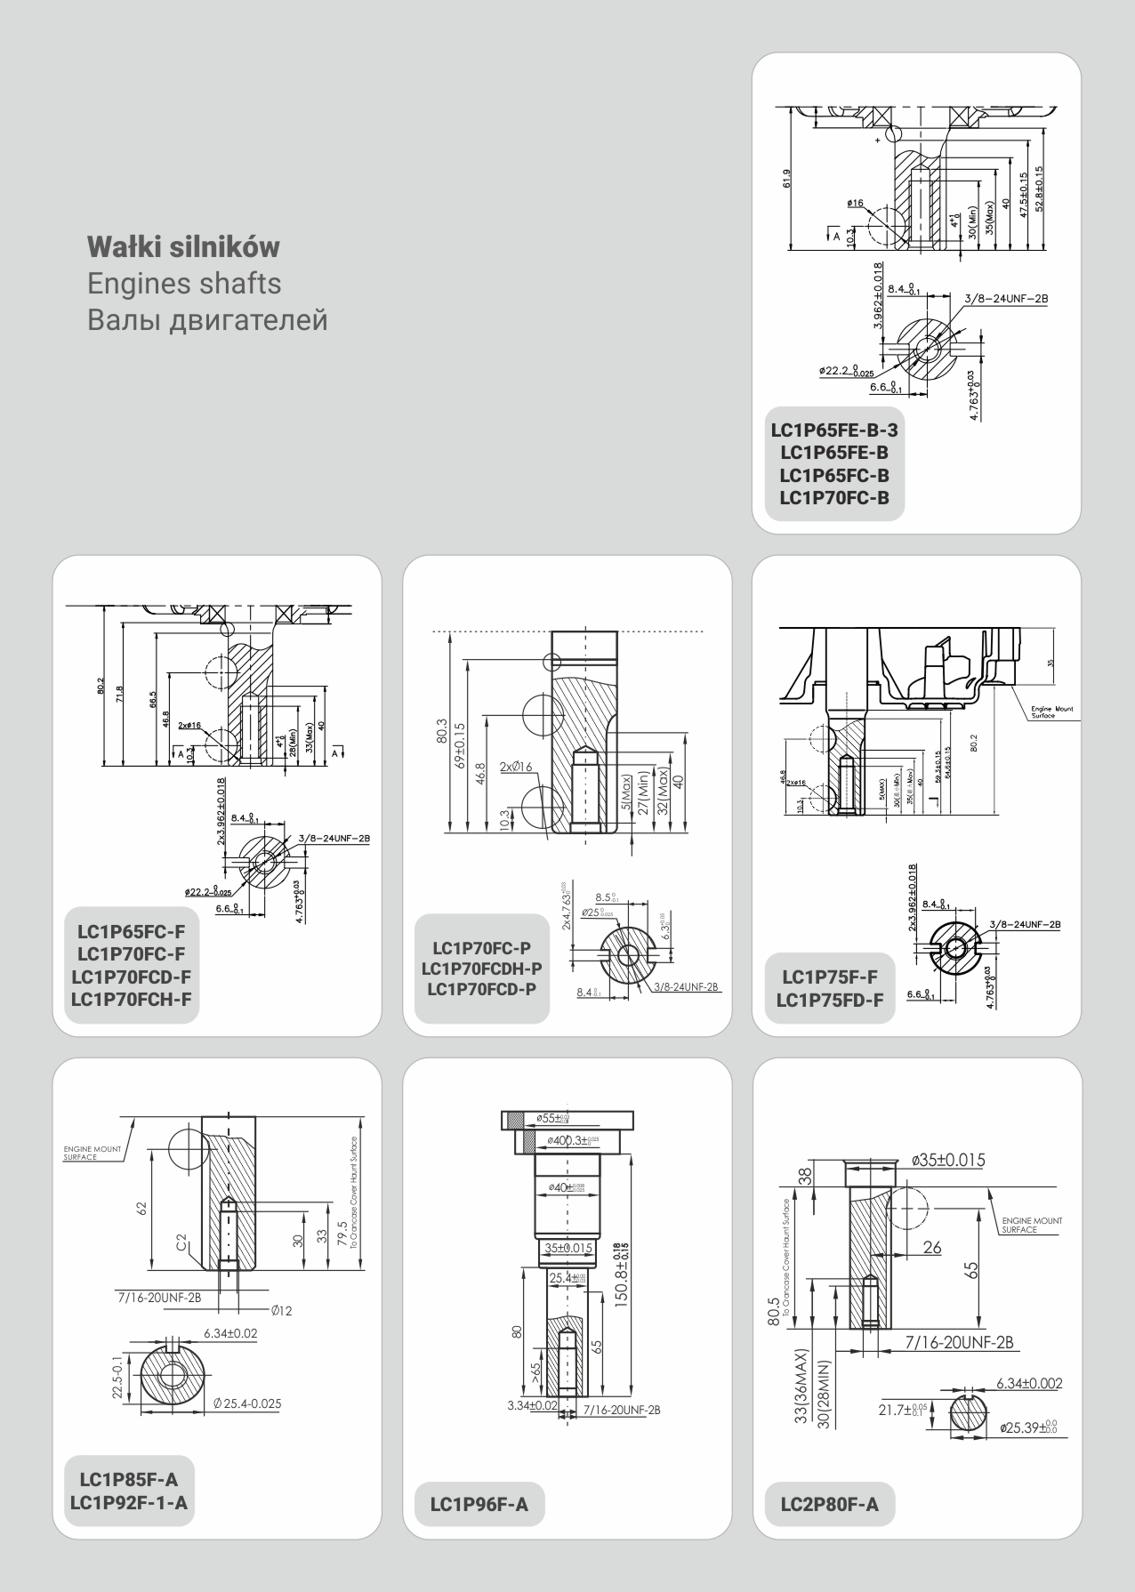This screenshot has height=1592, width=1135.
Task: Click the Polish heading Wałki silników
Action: tap(183, 246)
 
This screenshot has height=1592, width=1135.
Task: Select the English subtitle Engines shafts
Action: tap(184, 283)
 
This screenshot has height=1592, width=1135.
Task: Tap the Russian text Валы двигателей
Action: tap(207, 319)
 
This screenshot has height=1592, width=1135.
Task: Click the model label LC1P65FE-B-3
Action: tap(834, 430)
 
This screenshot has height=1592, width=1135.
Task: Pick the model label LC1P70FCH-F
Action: tap(132, 999)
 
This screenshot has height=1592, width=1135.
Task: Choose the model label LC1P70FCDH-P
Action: tap(481, 969)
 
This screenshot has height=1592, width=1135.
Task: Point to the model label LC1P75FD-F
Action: tap(829, 1000)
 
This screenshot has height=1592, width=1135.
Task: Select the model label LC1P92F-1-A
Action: tap(129, 1502)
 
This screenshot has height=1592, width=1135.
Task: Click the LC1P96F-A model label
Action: tap(479, 1505)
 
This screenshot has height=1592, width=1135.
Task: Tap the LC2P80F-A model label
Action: tap(829, 1505)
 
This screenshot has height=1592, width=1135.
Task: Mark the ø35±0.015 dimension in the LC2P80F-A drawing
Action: tap(948, 1161)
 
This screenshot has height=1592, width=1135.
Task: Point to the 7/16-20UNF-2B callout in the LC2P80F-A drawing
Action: tap(961, 1342)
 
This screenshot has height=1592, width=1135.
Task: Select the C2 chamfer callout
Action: tap(182, 1243)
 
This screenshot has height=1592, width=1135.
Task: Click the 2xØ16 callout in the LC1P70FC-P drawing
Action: tap(515, 767)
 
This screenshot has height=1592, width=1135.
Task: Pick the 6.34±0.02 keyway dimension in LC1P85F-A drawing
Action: tap(230, 1333)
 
